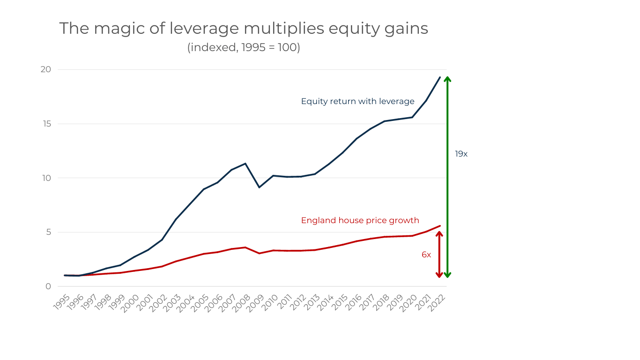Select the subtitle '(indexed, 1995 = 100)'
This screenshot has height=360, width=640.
(x=244, y=48)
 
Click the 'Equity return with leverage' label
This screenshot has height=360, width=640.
(x=357, y=101)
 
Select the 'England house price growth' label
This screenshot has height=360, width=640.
(x=360, y=220)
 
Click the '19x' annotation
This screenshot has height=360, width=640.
(x=461, y=154)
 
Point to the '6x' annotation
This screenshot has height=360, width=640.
(x=426, y=255)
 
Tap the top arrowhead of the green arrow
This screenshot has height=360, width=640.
(x=447, y=78)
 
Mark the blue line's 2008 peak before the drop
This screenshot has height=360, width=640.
(x=245, y=164)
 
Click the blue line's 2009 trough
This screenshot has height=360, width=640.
(x=259, y=187)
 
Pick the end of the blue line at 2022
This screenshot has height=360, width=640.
(x=439, y=77)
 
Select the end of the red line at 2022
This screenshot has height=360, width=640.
(x=439, y=226)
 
